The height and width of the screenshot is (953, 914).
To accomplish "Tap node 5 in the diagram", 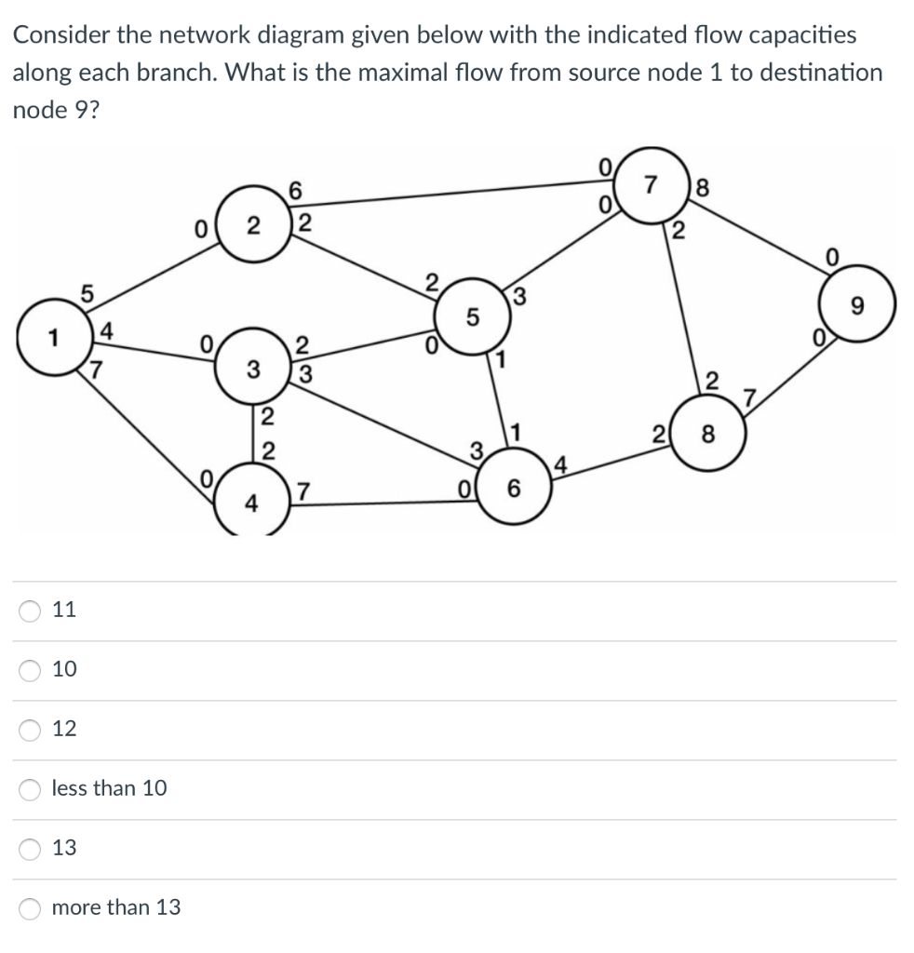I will (x=472, y=318).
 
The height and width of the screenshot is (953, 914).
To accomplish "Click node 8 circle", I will (x=709, y=434).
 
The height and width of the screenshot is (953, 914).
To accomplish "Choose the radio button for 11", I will (x=30, y=611).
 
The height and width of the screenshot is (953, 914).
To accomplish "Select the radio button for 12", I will (x=30, y=729).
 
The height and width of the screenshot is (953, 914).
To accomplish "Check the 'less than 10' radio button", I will (x=30, y=788).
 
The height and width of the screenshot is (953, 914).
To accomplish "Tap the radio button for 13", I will (x=30, y=848).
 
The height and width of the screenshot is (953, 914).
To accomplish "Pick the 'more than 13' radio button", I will (x=30, y=907).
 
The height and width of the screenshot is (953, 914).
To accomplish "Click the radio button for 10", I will (x=30, y=669).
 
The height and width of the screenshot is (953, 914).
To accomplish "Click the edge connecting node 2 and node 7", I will (x=447, y=195).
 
